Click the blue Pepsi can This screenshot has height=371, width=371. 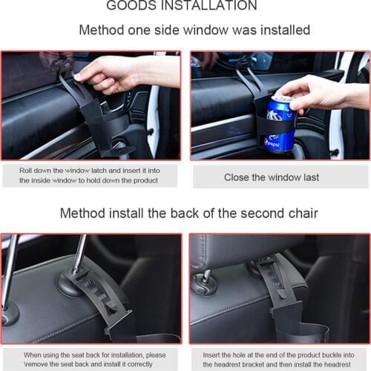(280, 124)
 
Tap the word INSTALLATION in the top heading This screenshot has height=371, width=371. (209, 5)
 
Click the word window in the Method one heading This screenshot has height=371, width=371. (206, 30)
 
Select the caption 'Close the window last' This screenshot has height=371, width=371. (272, 177)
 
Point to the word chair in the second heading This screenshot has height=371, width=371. (303, 213)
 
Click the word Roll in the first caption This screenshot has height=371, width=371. (25, 171)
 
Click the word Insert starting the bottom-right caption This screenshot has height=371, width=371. (211, 355)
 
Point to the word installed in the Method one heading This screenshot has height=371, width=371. (286, 30)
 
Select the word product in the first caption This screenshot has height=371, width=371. (145, 180)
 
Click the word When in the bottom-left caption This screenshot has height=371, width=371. (32, 355)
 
